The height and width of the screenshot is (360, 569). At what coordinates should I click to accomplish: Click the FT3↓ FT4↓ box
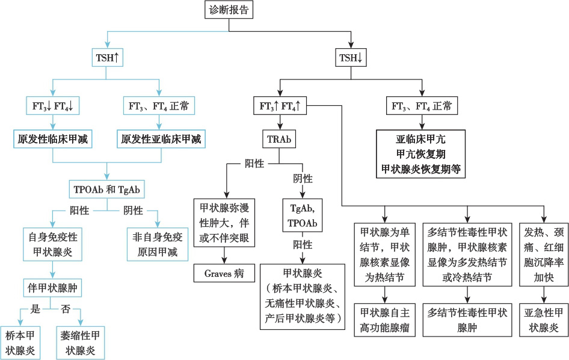pyautogui.click(x=52, y=107)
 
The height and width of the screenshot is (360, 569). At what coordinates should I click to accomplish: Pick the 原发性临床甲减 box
pyautogui.click(x=52, y=139)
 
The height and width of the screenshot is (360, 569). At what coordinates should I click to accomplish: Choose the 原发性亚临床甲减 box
pyautogui.click(x=160, y=139)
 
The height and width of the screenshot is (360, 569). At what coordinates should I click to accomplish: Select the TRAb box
pyautogui.click(x=279, y=138)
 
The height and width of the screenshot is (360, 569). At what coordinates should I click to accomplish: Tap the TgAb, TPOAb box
pyautogui.click(x=304, y=214)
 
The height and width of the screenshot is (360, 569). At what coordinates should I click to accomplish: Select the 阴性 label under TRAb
pyautogui.click(x=303, y=179)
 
